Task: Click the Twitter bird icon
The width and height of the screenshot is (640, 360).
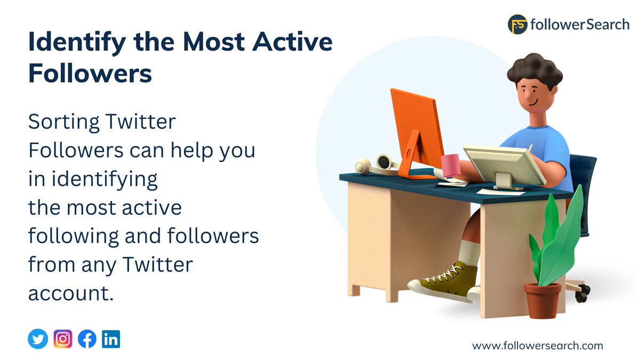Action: (38, 339)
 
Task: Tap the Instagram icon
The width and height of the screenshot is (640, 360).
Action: (63, 339)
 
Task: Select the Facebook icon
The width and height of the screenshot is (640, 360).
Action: (87, 339)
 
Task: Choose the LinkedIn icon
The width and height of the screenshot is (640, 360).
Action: (111, 339)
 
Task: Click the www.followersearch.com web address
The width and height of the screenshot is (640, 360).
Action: (538, 346)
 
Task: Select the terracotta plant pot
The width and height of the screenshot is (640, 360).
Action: (542, 300)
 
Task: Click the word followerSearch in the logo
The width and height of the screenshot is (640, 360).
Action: (580, 25)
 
